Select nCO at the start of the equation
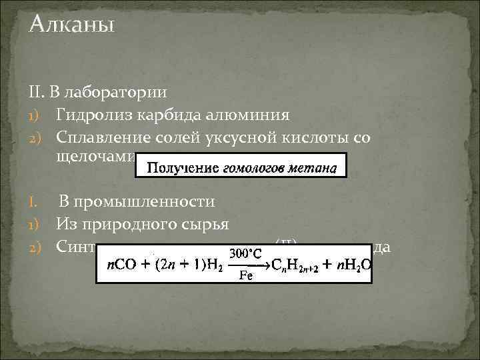coord(121,266)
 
